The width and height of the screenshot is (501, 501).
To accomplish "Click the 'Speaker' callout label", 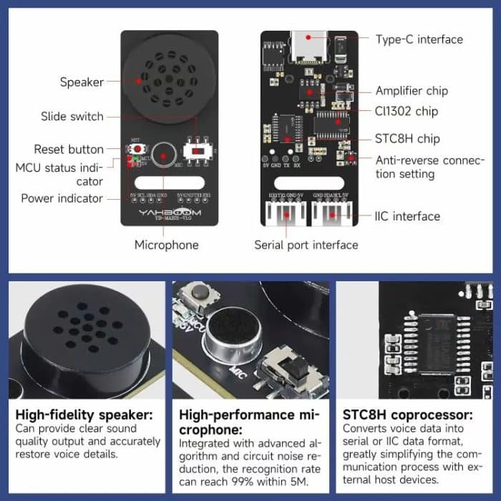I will pos(82,82).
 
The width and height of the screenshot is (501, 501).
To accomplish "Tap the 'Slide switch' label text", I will pos(72,117).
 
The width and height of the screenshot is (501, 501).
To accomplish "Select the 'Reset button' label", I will pos(69,150).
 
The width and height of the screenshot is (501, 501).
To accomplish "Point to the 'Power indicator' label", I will pos(62,198).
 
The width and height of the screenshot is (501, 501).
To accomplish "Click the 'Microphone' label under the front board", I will pos(167,245).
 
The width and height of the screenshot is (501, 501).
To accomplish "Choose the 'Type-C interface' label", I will pos(419,39).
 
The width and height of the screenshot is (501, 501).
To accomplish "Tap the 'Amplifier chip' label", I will pos(412,91).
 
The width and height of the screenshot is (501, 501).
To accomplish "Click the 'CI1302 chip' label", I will pos(407,112).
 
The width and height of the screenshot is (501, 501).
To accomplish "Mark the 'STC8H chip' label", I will pos(407,139).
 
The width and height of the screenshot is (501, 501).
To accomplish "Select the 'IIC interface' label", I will pos(407,216).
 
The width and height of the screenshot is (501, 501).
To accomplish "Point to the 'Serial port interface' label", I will pos(306,245).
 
